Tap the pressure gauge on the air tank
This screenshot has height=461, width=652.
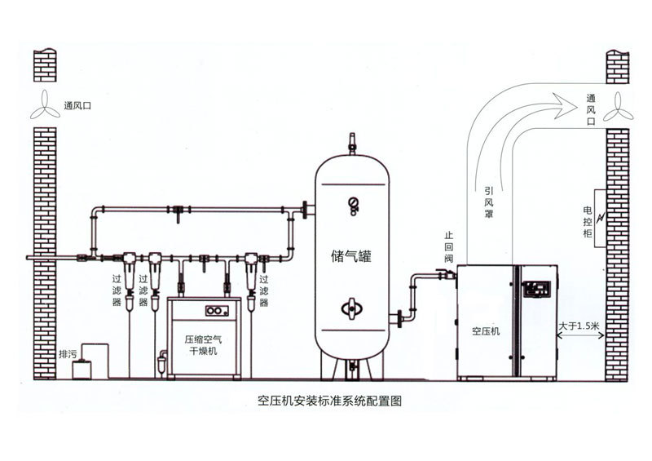click(x=353, y=203)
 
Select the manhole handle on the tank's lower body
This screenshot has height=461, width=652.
click(x=352, y=308)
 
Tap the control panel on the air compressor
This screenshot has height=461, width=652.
click(x=536, y=289)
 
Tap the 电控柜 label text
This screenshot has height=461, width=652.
click(x=587, y=221)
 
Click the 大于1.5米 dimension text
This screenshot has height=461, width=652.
click(x=579, y=326)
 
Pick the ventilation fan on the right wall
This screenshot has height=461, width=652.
click(x=619, y=106)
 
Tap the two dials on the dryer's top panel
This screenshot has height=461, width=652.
click(x=215, y=310)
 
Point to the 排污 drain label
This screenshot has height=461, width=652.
click(x=68, y=355)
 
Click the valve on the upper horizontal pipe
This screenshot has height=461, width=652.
click(x=177, y=214)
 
